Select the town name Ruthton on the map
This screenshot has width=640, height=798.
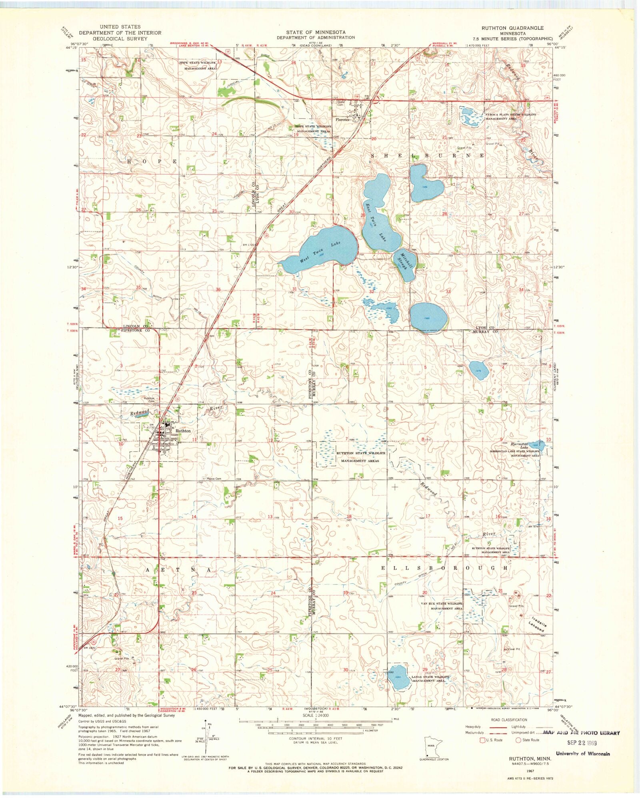[x=183, y=431]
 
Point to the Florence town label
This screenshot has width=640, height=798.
[x=342, y=120]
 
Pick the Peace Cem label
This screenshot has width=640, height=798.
[x=214, y=478]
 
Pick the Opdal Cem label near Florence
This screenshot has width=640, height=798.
[x=341, y=103]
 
